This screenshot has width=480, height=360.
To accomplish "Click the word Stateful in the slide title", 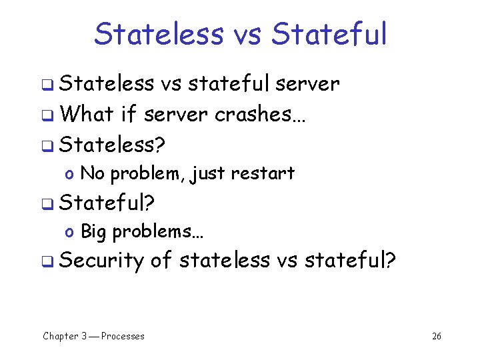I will click(x=331, y=34).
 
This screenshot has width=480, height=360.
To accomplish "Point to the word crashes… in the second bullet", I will click(x=261, y=114).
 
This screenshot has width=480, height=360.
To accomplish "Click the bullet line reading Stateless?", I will click(x=113, y=144).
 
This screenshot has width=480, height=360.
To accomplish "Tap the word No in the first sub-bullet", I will click(x=92, y=173).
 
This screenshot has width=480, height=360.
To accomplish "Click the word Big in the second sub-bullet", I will click(x=94, y=231).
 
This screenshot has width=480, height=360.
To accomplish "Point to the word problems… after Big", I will click(x=158, y=232).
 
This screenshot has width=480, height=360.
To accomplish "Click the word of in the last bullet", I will click(x=162, y=260).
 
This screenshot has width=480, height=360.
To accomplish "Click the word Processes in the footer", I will click(x=123, y=336).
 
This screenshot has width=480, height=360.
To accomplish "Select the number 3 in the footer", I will click(x=83, y=336).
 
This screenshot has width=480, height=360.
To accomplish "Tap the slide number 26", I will click(x=437, y=336).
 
